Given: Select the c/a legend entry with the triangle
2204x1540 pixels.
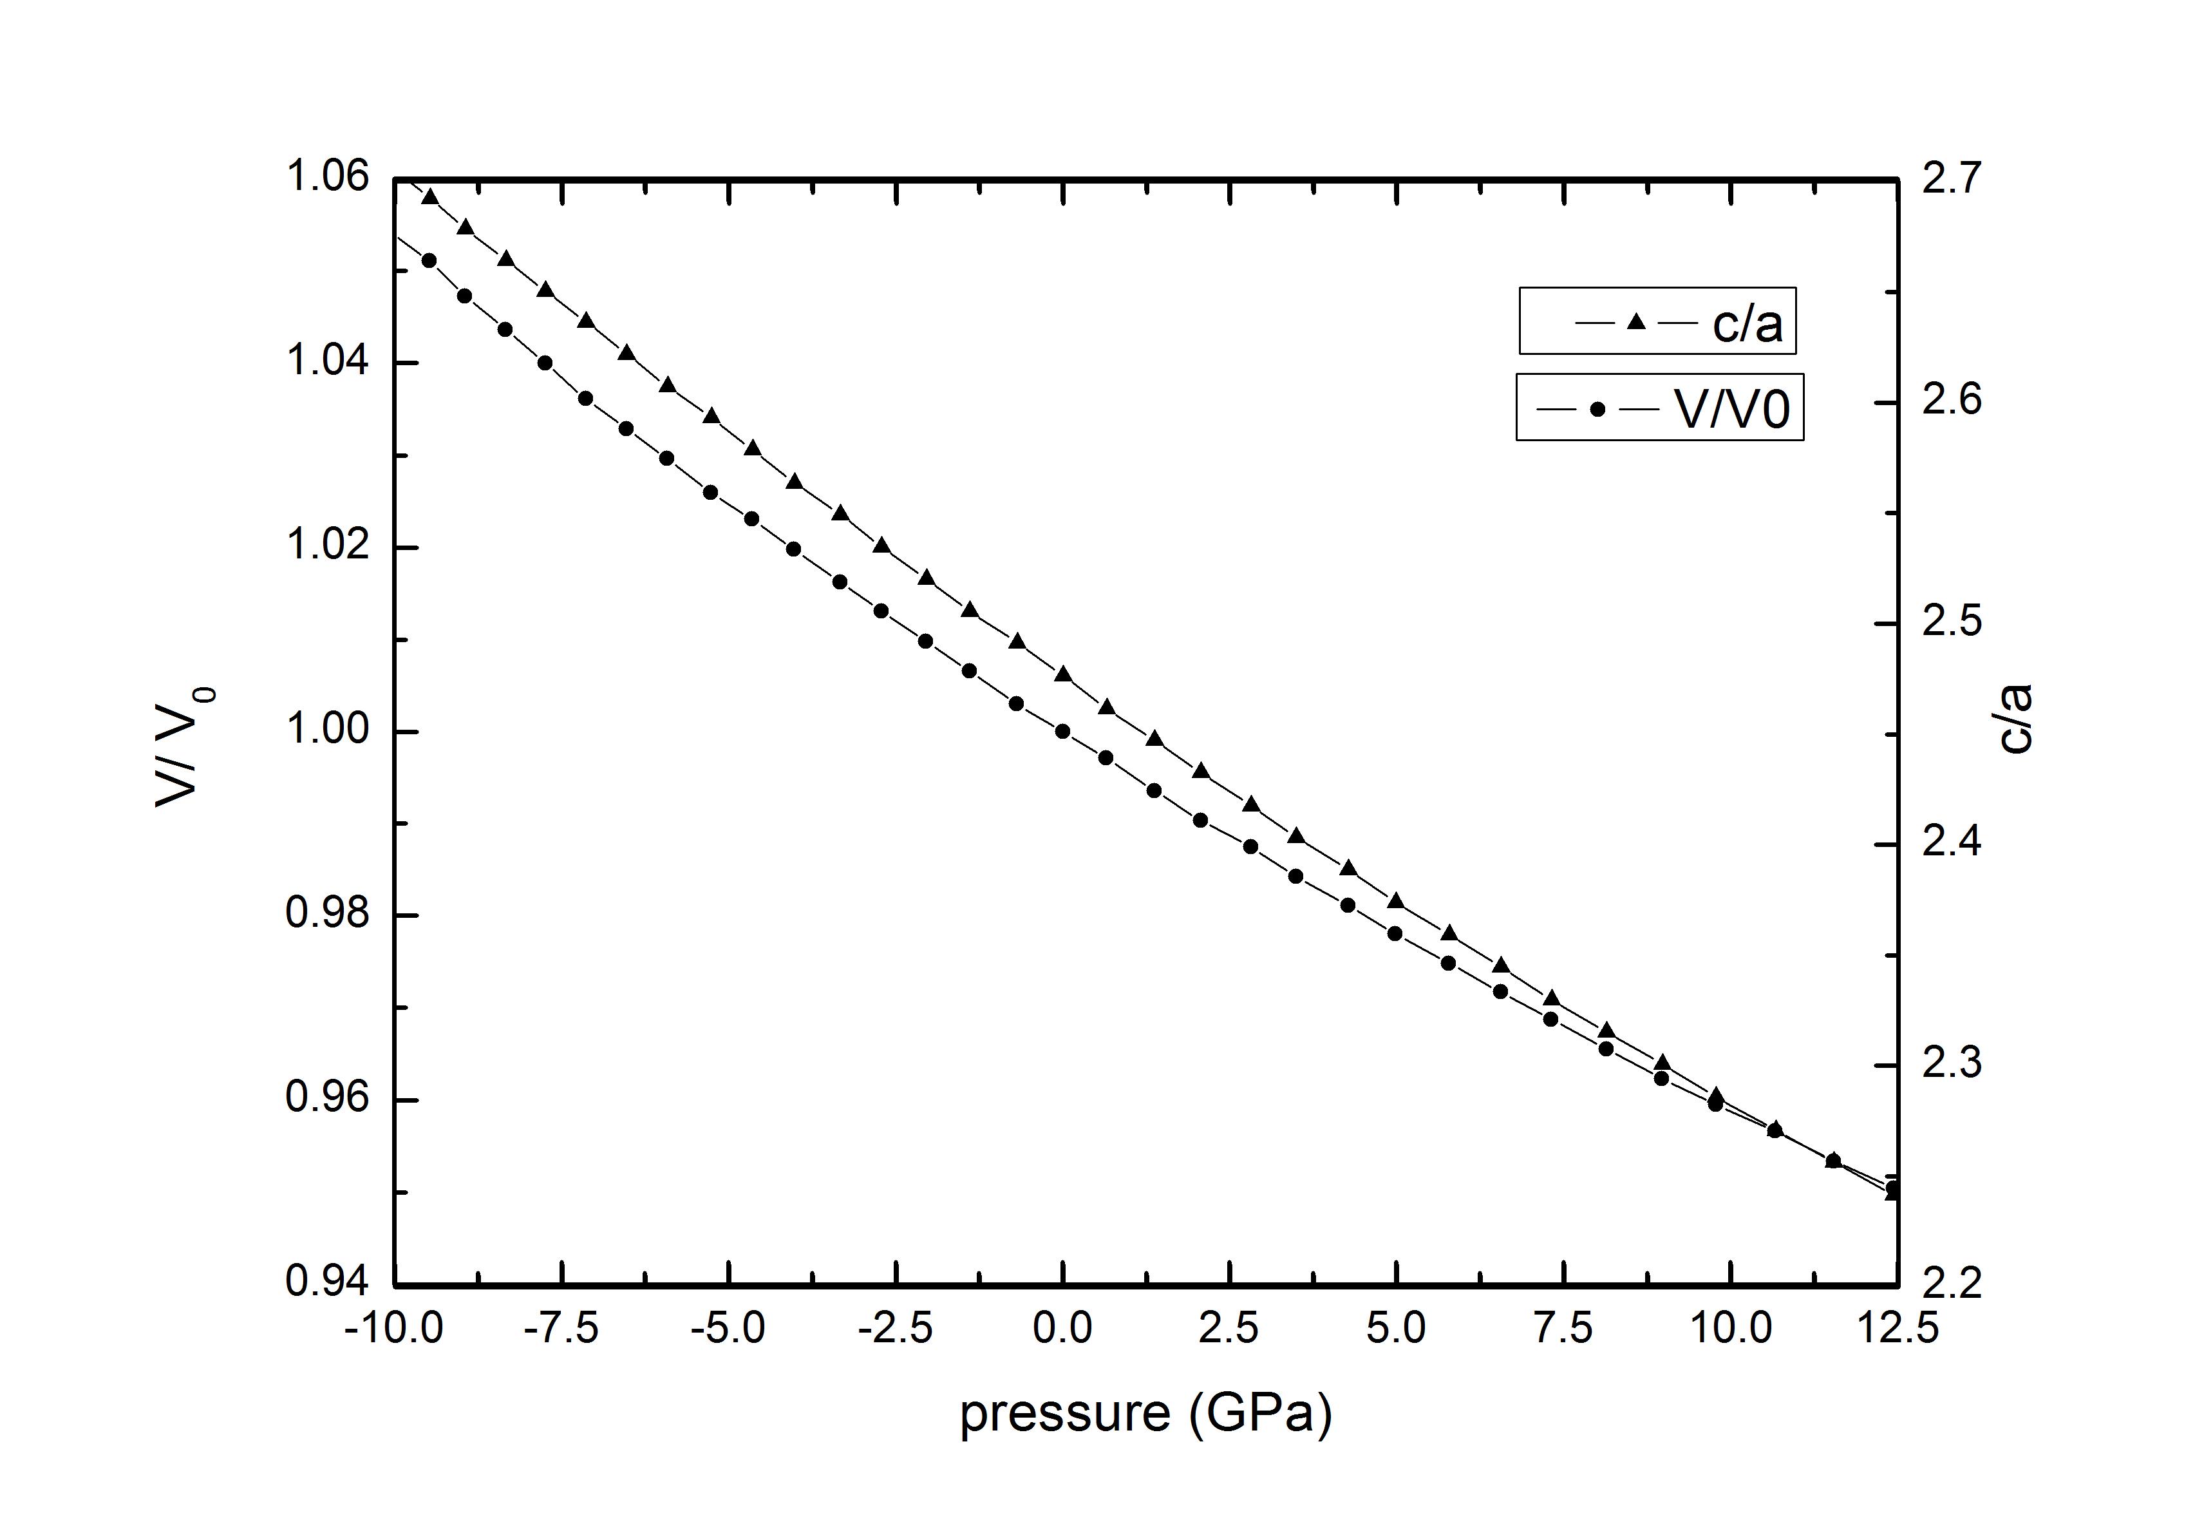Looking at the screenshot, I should click(1656, 323).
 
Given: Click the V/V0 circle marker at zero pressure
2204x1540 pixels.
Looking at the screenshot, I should click(1062, 732).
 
